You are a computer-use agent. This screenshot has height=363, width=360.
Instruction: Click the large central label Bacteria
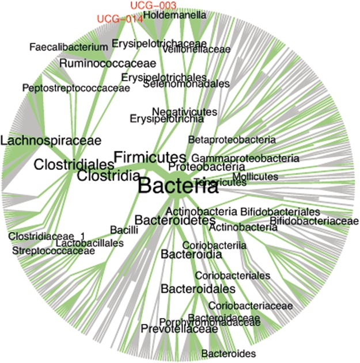pyautogui.click(x=178, y=186)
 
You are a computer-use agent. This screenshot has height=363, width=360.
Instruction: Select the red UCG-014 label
pyautogui.click(x=119, y=18)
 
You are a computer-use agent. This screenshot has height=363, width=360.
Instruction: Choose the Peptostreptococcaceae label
pyautogui.click(x=75, y=88)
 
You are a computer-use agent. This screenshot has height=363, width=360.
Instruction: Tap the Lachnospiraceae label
pyautogui.click(x=51, y=140)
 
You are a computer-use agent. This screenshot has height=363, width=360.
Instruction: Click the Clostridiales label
pyautogui.click(x=70, y=165)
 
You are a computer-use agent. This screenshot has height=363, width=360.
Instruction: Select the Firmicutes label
pyautogui.click(x=149, y=156)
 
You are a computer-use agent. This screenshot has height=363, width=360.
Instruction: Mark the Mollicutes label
pyautogui.click(x=255, y=176)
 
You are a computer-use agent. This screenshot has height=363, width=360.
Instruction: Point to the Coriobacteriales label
pyautogui.click(x=232, y=276)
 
